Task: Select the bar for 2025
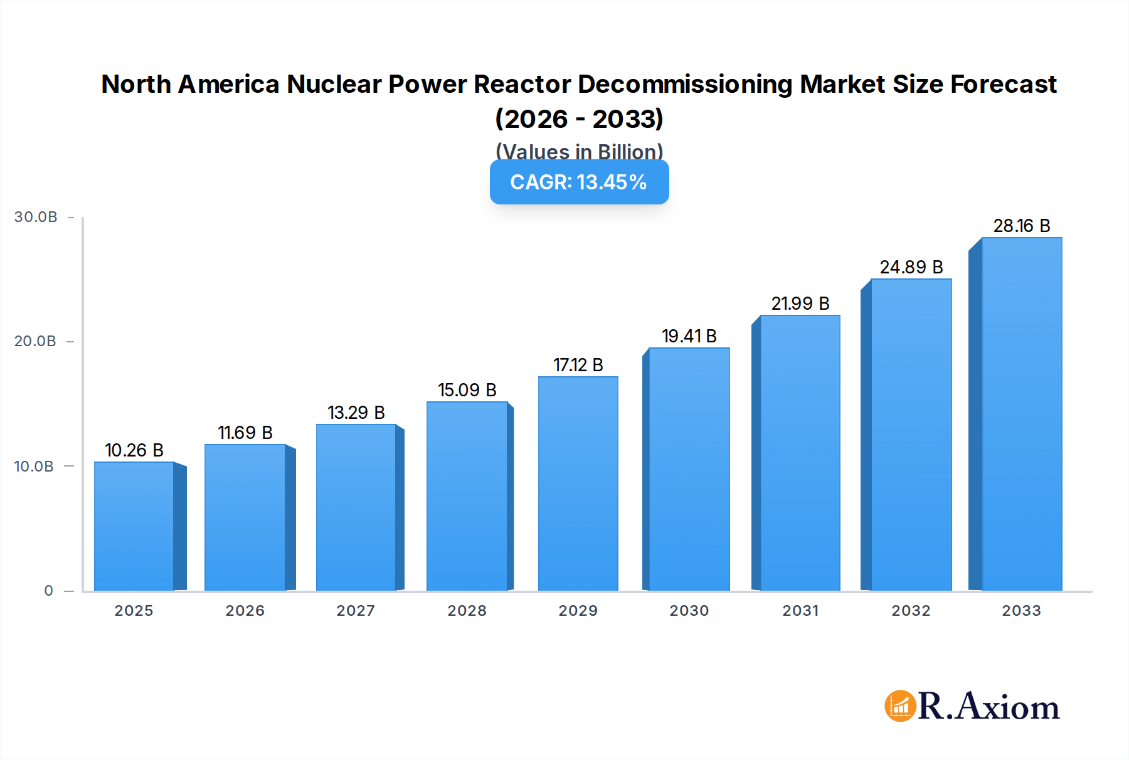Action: pos(134,527)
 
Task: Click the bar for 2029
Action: pos(578,483)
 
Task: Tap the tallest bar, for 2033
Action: pos(1022,414)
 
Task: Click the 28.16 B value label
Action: pos(1021,226)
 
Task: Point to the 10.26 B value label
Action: pos(134,450)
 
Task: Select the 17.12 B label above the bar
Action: pos(578,365)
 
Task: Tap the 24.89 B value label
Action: pos(911,267)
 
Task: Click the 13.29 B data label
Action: pos(356,413)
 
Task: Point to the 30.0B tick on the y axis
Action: pos(36,217)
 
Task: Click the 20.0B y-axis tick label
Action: pos(36,341)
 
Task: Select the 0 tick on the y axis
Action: pos(49,591)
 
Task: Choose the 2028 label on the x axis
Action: pos(467,611)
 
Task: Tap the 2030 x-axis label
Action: pos(689,611)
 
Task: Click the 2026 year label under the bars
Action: pos(245,611)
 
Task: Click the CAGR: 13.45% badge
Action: pos(579,182)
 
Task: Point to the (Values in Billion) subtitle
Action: pos(579,151)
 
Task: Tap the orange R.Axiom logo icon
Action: pos(900,706)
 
